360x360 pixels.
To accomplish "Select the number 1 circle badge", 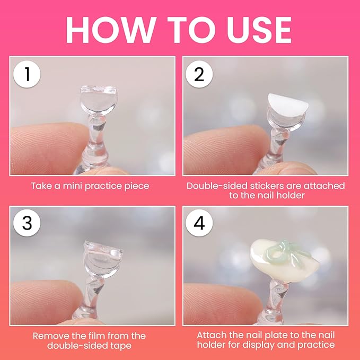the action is [27, 74].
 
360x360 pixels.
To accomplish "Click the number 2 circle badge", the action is [199, 74].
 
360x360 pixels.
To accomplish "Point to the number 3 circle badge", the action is [27, 223].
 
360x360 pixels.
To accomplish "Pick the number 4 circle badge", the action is [199, 223].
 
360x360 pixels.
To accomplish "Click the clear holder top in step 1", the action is [99, 100].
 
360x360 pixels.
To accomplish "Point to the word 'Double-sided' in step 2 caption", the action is [217, 186].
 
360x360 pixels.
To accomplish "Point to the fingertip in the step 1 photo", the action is [46, 147].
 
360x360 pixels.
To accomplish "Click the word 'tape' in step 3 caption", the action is [122, 346].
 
